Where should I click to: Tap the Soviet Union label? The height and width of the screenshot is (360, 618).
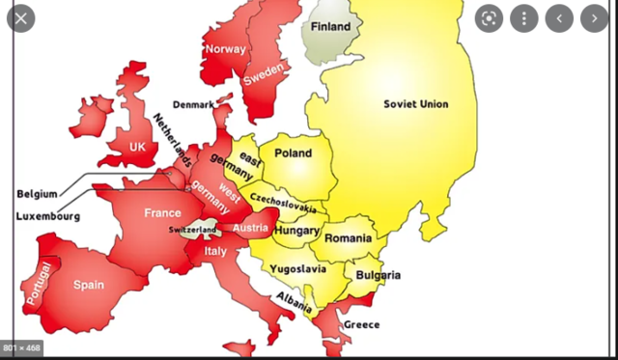point(415,104)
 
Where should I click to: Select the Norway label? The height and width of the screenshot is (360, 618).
point(225,48)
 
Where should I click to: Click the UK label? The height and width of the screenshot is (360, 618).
point(138,147)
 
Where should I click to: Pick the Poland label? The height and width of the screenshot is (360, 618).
point(294,153)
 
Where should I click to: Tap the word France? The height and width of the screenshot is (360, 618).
point(162,212)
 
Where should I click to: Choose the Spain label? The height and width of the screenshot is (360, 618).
point(89,285)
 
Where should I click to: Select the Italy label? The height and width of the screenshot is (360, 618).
point(214,251)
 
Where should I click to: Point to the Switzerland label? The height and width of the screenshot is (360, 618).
point(192,231)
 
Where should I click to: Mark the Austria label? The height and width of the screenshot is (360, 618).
point(250,228)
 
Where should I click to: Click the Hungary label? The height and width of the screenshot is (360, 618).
point(296,232)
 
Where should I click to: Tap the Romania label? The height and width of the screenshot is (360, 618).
point(348,237)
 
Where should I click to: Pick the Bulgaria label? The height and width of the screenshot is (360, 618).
point(378,275)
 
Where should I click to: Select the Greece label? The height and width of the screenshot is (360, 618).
point(362,324)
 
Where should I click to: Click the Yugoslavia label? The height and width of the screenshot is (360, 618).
point(297,269)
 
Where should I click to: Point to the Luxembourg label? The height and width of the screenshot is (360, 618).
point(47,216)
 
